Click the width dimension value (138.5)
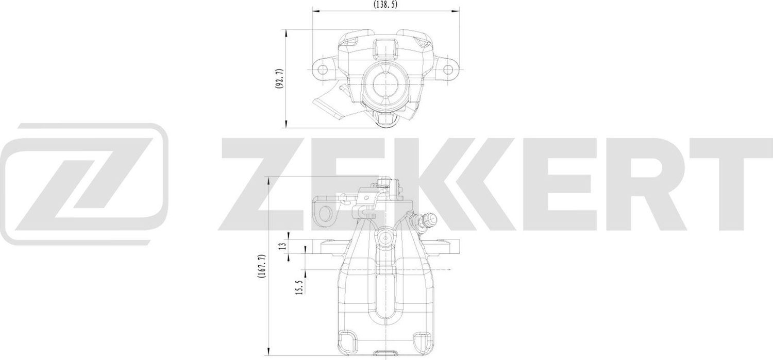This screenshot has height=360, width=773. [x=385, y=4]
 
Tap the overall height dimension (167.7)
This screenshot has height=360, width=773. [x=262, y=267]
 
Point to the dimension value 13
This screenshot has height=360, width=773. [x=282, y=246]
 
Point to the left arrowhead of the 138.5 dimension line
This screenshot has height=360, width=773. [x=315, y=10]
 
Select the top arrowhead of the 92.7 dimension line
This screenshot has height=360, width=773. [x=286, y=32]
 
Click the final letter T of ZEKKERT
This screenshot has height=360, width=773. [x=732, y=183]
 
